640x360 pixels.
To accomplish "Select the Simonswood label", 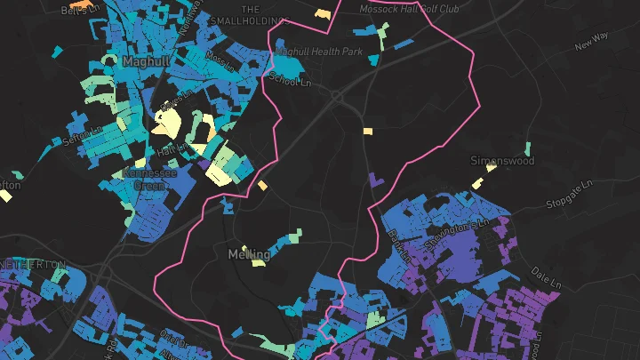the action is tap(502, 161).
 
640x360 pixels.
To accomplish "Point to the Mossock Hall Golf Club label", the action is tap(409, 8).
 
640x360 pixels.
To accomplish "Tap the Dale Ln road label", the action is tap(547, 274).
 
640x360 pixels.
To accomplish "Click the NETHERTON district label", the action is tap(33, 265).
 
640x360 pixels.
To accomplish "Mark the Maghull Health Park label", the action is tap(320, 52).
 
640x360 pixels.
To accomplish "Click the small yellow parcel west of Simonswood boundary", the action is tap(367, 132).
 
